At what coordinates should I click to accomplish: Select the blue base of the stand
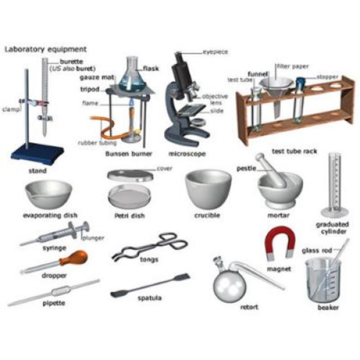[x=37, y=152]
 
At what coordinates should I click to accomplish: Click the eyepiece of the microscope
[x=178, y=55]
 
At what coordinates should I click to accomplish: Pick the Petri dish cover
[x=130, y=175]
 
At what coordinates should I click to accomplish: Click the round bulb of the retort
[x=229, y=286]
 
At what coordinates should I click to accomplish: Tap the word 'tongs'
[x=149, y=260]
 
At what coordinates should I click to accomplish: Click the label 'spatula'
[x=150, y=298]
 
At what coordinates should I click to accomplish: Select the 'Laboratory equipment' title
[x=46, y=49]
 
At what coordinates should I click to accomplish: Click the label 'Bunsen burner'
[x=129, y=153]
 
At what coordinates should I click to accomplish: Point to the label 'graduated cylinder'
[x=333, y=228]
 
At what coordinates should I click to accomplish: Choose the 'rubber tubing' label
[x=97, y=143]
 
